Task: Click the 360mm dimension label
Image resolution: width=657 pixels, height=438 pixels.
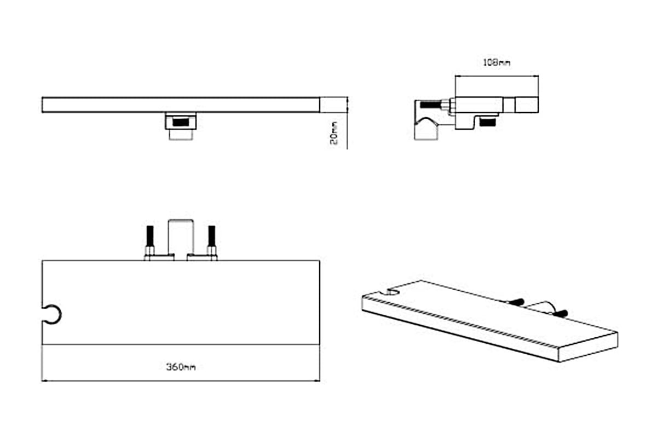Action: (x=181, y=367)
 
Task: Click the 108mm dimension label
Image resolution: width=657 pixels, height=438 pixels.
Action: (x=496, y=62)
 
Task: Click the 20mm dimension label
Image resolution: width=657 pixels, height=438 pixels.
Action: (x=334, y=133)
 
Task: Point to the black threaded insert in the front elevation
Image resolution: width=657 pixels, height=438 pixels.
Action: (x=180, y=122)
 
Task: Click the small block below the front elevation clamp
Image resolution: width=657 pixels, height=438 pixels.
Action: (x=181, y=135)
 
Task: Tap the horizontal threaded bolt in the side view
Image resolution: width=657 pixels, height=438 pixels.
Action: (x=431, y=105)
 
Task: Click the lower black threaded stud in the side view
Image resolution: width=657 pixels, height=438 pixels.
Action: (x=487, y=122)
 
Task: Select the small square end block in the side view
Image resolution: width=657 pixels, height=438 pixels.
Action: (x=527, y=105)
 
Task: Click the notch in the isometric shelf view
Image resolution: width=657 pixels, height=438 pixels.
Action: (x=393, y=292)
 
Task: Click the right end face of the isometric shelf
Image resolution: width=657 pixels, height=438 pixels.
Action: (x=588, y=347)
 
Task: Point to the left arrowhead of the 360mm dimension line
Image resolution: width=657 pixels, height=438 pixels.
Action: (x=44, y=381)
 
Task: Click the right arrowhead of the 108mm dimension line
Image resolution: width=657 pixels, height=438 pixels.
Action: (x=536, y=76)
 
